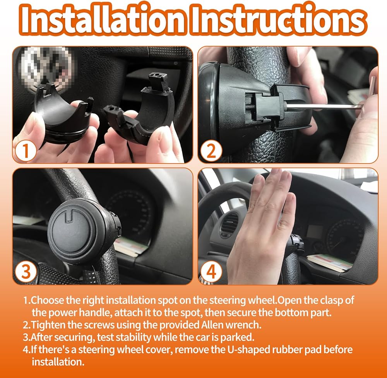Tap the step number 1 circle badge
(x=26, y=151)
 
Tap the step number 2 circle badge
(x=211, y=151)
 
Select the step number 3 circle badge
(x=26, y=272)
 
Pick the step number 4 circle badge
(x=211, y=272)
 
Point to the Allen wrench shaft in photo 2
(x=323, y=106)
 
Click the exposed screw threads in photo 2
(x=250, y=106)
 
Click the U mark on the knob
(x=70, y=215)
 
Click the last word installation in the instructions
(x=58, y=362)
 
